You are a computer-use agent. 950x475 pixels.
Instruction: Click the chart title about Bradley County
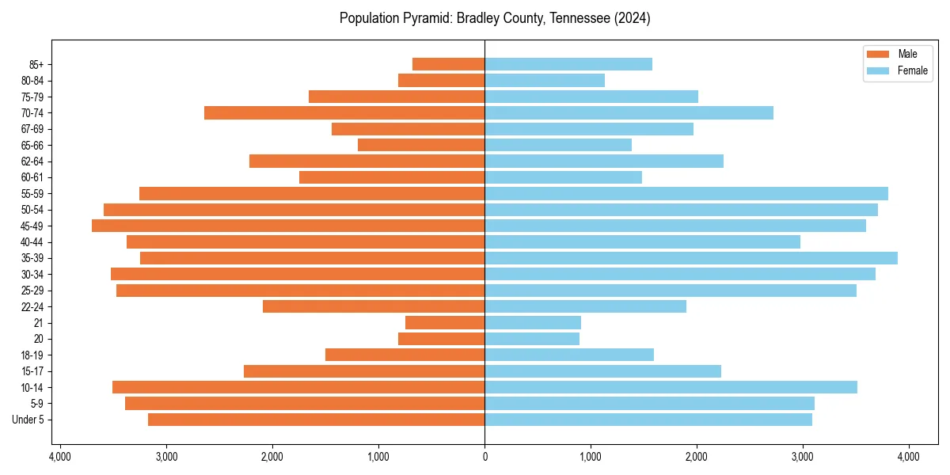[495, 18]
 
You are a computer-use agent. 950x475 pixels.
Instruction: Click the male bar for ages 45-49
[288, 226]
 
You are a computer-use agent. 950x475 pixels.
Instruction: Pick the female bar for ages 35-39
[691, 258]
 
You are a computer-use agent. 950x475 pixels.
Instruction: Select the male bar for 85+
[448, 64]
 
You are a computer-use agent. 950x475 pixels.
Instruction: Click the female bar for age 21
[533, 323]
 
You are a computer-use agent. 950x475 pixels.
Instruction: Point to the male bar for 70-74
[344, 112]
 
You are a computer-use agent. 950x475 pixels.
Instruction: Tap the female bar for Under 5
[648, 420]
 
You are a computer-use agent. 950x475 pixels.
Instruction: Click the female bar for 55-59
[686, 193]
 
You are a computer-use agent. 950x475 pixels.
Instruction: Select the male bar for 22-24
[374, 306]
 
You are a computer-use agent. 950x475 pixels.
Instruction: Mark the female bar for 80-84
[545, 80]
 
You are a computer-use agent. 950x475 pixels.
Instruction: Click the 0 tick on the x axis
[484, 457]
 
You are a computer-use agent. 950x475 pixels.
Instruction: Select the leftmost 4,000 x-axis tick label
[60, 457]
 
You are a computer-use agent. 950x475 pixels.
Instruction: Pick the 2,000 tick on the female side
[697, 457]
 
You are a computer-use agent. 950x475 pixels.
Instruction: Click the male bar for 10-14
[298, 387]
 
